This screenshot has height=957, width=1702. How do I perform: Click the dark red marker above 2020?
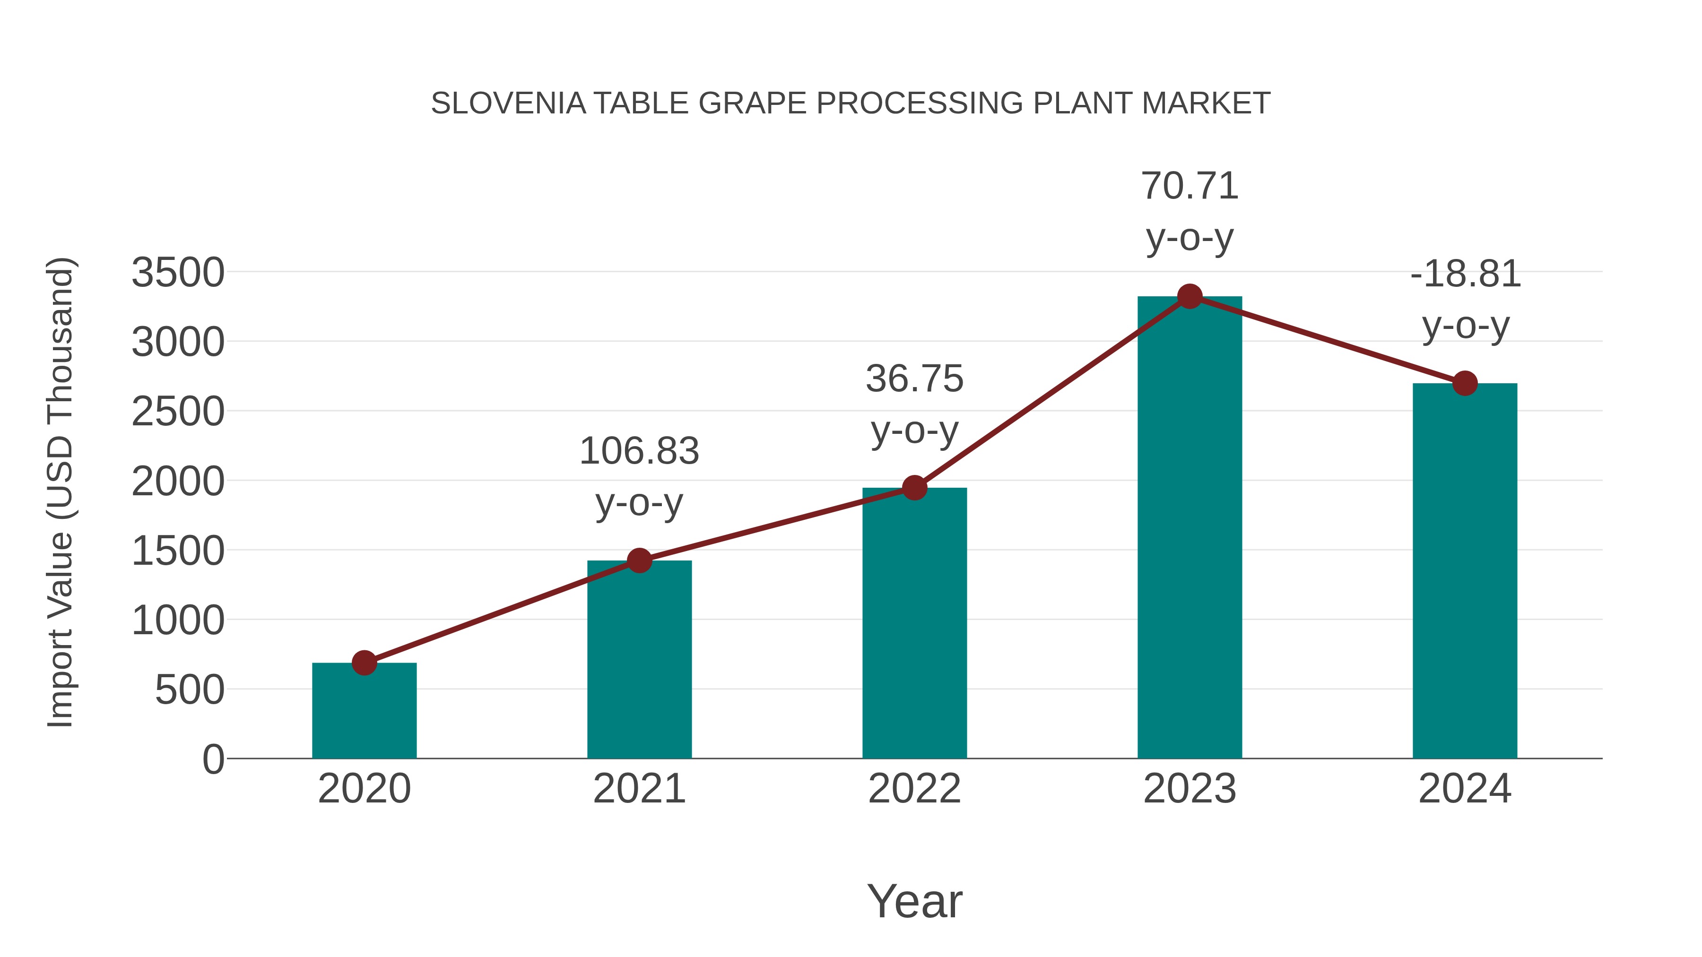coord(364,663)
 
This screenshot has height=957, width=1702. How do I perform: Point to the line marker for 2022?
coord(914,488)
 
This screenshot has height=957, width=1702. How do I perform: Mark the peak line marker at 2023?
coord(1190,296)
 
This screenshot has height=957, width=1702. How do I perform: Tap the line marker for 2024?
coord(1465,383)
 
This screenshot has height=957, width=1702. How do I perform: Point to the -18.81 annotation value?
coord(1465,274)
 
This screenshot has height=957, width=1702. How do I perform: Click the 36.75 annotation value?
coord(914,379)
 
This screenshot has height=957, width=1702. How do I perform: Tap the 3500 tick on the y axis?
coord(178,273)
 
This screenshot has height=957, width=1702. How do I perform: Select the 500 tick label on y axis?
coord(190,691)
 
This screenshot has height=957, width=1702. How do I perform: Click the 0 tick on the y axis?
coord(213,759)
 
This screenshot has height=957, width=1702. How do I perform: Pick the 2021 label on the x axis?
coord(639,789)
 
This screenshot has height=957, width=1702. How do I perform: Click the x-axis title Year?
coord(914,901)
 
